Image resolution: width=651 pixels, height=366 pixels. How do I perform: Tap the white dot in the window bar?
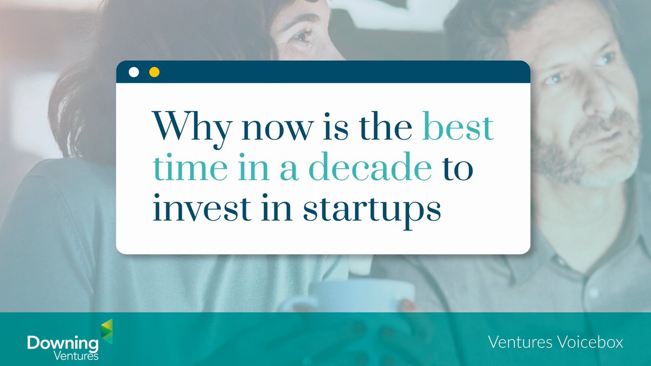click(133, 72)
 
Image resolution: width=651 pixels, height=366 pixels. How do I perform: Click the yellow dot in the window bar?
click(154, 72)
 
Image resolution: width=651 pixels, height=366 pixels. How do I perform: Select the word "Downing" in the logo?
click(62, 343)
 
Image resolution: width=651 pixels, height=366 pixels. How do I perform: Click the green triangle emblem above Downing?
click(106, 331)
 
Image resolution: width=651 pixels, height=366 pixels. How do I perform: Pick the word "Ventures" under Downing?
click(76, 356)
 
